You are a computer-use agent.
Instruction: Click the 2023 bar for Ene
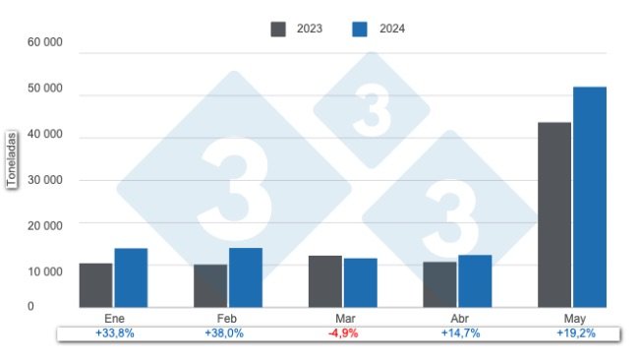(x=95, y=285)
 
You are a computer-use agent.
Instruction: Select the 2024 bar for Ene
(x=131, y=277)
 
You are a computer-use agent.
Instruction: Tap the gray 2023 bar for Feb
(x=210, y=286)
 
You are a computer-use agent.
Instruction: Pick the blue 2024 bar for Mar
(x=360, y=283)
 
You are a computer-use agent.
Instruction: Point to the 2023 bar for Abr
(x=439, y=284)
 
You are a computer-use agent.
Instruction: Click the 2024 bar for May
(x=590, y=197)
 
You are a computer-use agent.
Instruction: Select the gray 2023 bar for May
(x=554, y=214)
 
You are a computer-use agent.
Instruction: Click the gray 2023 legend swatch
(x=279, y=29)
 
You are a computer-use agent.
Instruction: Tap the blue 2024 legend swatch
(x=360, y=29)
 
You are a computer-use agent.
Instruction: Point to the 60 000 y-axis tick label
(x=45, y=43)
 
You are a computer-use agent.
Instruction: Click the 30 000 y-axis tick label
(x=45, y=180)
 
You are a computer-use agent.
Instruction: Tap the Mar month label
(x=343, y=320)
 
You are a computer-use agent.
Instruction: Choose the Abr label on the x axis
(x=458, y=320)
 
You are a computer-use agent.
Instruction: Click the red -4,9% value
(x=343, y=333)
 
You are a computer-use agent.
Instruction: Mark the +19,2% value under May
(x=575, y=333)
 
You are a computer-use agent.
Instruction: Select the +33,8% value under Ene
(x=113, y=333)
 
